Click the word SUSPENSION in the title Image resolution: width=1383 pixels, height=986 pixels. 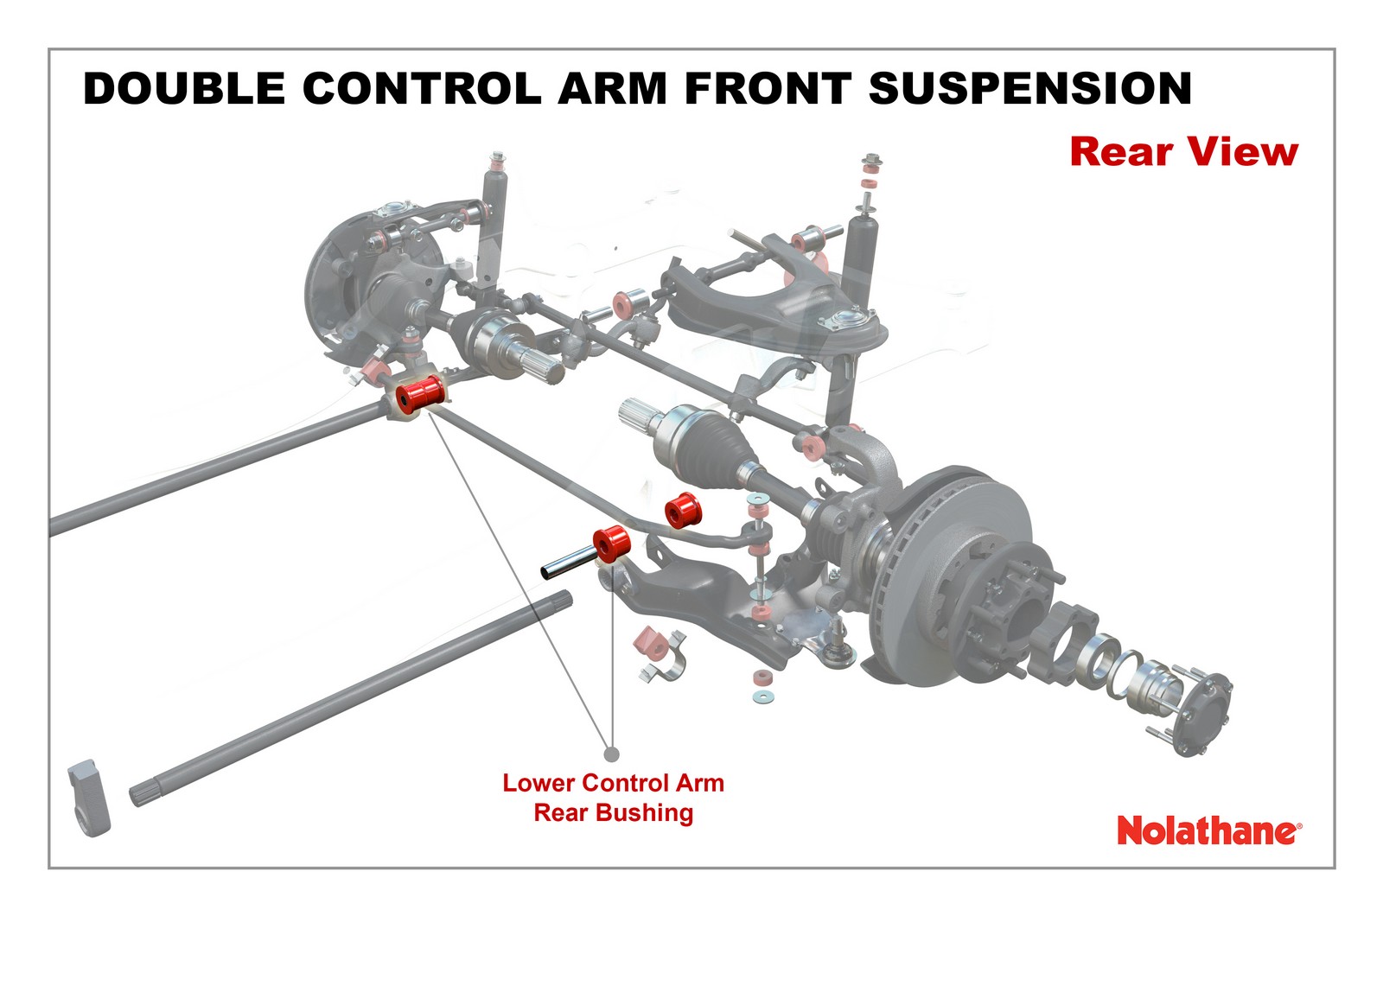(x=1029, y=89)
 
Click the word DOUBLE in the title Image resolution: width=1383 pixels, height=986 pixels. (x=184, y=89)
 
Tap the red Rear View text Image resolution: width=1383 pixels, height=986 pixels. (x=1183, y=151)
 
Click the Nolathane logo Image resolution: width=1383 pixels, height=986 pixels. (x=1208, y=830)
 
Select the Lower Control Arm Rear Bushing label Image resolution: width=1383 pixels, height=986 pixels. (x=614, y=798)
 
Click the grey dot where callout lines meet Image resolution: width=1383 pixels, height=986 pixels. (x=612, y=754)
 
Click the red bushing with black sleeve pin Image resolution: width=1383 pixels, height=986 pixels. (x=613, y=543)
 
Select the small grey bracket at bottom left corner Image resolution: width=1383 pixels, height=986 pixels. (x=88, y=797)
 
